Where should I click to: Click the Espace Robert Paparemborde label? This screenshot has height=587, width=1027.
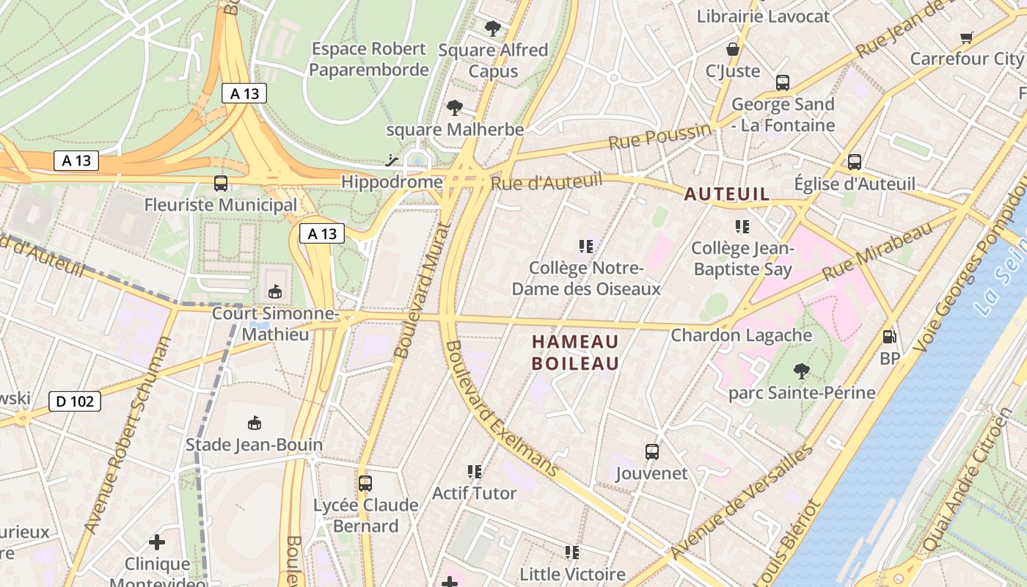point(368,59)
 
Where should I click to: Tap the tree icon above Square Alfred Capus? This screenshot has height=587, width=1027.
point(493,29)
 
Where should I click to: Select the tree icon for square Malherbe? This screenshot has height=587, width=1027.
point(455,109)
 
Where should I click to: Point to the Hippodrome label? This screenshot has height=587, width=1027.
point(392,181)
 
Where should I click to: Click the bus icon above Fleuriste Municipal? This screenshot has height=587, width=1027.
point(220,183)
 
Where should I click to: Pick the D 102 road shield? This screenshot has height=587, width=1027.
point(75,401)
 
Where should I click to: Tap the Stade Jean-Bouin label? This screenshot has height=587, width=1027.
point(254,445)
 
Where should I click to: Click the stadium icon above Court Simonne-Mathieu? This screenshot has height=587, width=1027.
point(274,292)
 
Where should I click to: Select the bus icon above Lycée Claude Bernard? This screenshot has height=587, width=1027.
point(365,484)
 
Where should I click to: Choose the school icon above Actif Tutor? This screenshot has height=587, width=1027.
point(474,471)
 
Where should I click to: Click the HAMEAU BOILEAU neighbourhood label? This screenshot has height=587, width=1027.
point(575,352)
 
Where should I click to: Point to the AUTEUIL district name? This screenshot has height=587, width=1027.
point(727,194)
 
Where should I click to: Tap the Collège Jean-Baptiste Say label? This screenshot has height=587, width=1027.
point(742,258)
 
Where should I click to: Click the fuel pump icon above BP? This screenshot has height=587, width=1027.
point(889,337)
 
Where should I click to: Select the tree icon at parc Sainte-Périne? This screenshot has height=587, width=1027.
point(801,371)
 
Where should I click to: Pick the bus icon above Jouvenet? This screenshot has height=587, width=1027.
point(651,451)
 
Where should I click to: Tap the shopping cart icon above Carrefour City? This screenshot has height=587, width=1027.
point(967,37)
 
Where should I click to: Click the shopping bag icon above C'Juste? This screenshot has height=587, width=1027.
point(732,50)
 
